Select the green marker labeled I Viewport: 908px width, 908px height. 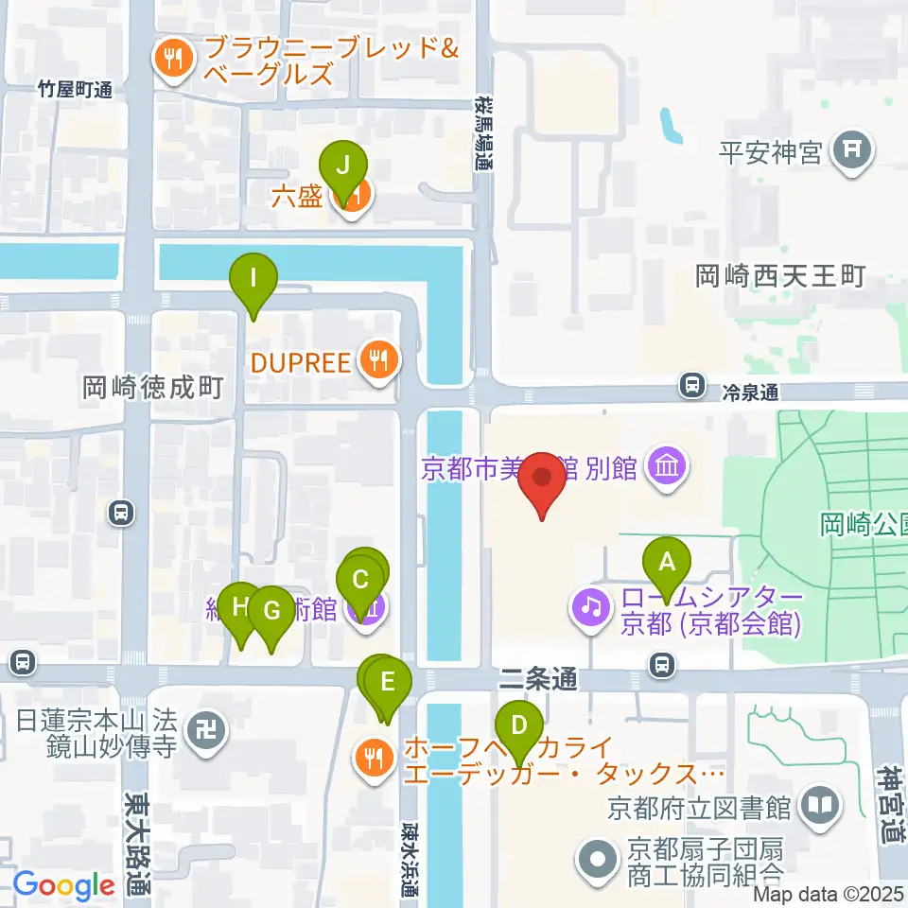[253, 278]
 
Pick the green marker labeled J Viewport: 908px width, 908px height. [342, 165]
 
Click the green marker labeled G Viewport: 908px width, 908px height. [271, 611]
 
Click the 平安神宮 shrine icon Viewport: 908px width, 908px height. [851, 150]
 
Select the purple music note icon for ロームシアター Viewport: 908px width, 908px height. [592, 604]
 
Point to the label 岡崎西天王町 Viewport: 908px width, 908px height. [780, 276]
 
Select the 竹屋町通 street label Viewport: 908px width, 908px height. [75, 90]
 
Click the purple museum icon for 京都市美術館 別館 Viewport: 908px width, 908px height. [669, 466]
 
